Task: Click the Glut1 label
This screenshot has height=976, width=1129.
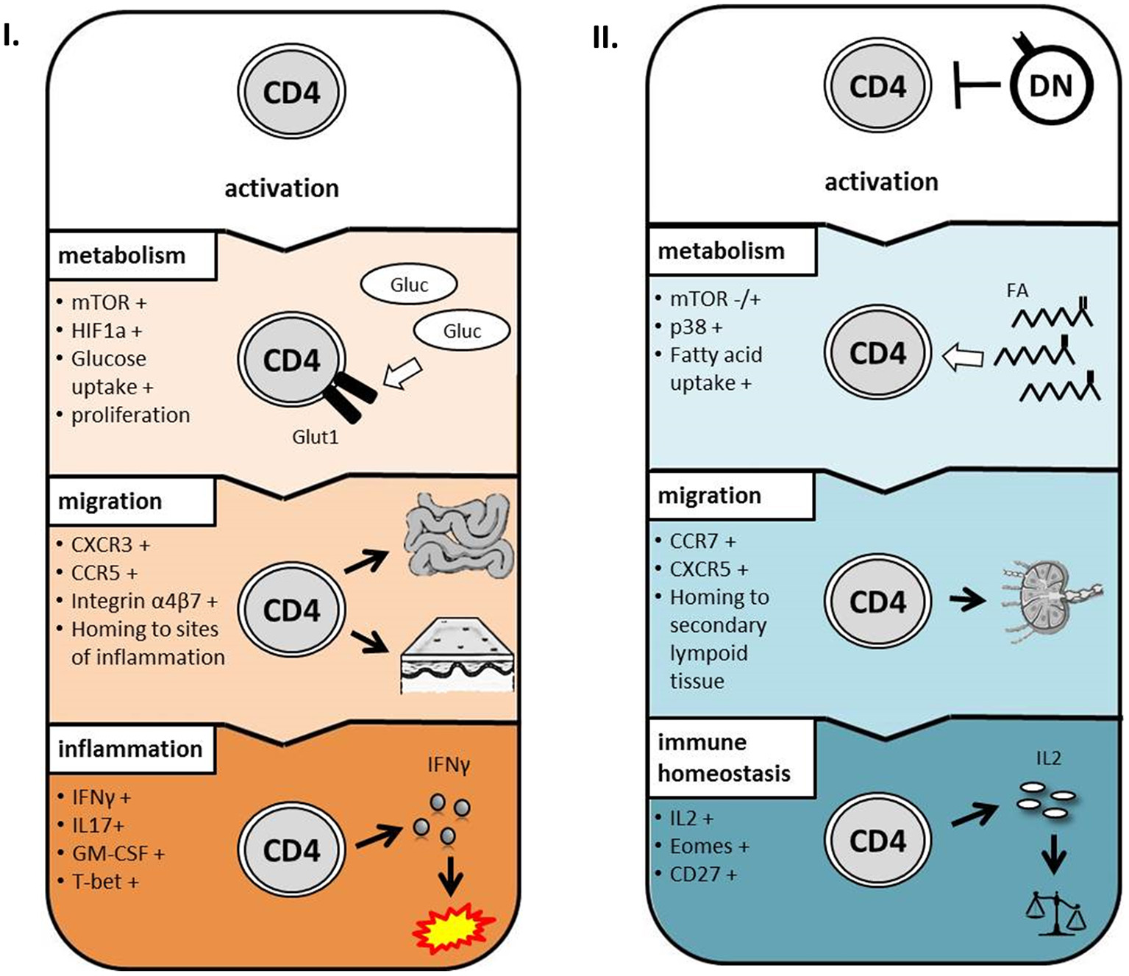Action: [x=315, y=437]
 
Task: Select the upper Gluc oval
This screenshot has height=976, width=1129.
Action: [x=409, y=285]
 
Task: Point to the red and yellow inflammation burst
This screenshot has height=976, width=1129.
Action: [x=452, y=929]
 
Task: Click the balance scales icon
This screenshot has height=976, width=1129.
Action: [x=1055, y=914]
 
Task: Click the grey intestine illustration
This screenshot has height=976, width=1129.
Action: [x=457, y=535]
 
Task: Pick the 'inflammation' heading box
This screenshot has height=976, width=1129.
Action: [x=131, y=749]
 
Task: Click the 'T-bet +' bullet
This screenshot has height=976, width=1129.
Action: [x=104, y=881]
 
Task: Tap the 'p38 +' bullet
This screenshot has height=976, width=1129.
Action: [x=696, y=327]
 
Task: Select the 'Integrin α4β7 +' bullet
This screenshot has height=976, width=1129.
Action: [x=144, y=601]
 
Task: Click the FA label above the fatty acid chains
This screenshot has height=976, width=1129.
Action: [x=1017, y=291]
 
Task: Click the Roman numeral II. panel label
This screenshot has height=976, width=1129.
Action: [x=605, y=38]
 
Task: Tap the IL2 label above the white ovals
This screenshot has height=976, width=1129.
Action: [x=1048, y=758]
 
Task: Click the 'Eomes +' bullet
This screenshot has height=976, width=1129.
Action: [x=709, y=847]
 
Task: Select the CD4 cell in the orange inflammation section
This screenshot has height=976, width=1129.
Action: [x=291, y=850]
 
